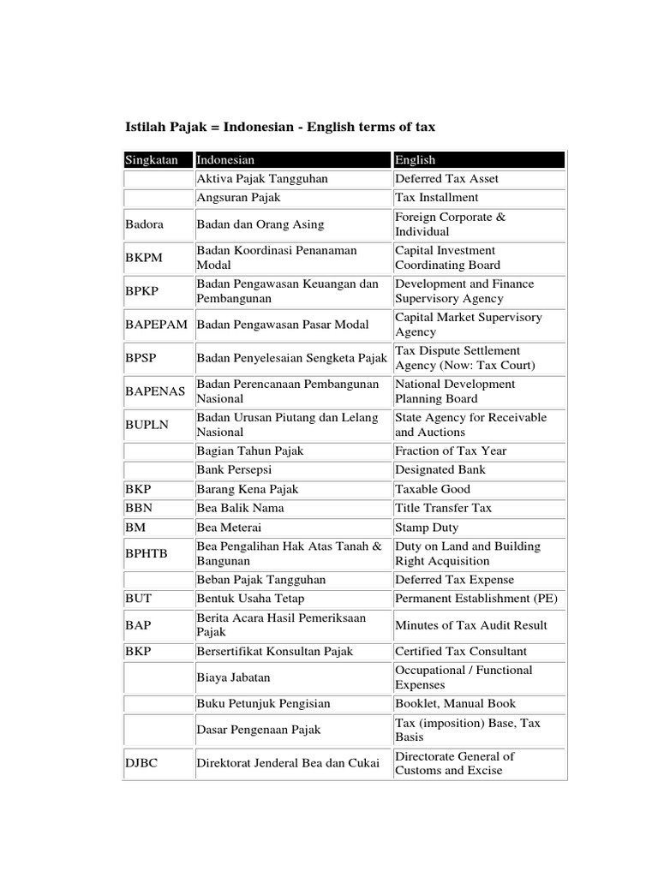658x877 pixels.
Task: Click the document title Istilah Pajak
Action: coord(280,127)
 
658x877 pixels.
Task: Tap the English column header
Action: coord(416,159)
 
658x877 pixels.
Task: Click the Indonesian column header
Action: coord(226,159)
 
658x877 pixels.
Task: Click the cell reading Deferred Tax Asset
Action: coord(446,179)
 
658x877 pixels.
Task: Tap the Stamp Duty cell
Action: coord(427,528)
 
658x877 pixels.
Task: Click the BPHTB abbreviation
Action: coord(147,553)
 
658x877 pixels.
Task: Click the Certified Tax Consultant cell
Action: coord(461,652)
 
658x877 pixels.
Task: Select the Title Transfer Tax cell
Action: coord(443,509)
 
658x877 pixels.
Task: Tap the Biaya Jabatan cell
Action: coord(233,677)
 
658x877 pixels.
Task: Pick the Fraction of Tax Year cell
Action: coord(451,451)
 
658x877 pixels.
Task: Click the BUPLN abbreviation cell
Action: coord(146,425)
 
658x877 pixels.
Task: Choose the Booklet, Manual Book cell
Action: coord(455,704)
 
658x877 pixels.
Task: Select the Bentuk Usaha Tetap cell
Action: coord(250,599)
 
